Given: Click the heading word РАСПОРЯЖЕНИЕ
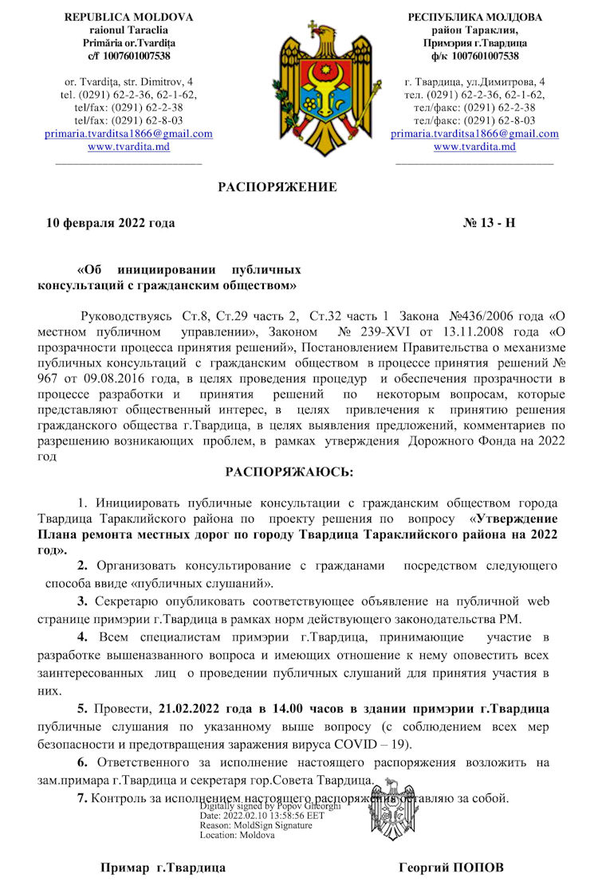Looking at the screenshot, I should click(277, 188).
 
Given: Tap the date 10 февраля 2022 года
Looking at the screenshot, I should click(110, 223).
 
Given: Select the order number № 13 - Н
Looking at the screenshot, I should click(494, 223).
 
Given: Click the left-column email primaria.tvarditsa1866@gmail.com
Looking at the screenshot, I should click(128, 134).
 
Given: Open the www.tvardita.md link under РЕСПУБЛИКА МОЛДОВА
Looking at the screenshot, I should click(474, 147).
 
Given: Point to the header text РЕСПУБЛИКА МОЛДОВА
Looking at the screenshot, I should click(474, 17).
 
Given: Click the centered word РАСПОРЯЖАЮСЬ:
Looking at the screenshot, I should click(289, 472).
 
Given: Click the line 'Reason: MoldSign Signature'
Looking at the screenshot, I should click(256, 826).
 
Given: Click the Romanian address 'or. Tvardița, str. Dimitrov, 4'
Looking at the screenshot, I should click(128, 82).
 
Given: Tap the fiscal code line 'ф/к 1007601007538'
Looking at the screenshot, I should click(474, 56).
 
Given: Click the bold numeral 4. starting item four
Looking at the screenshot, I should click(82, 637).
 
